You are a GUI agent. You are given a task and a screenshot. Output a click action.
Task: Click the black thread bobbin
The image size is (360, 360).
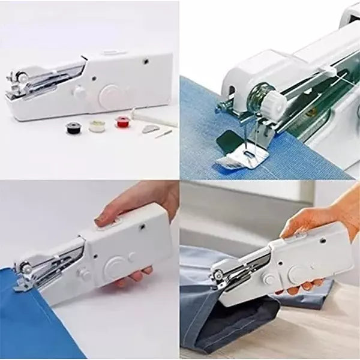[73, 126]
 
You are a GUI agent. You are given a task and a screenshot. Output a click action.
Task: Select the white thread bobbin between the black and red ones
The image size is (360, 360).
[97, 126]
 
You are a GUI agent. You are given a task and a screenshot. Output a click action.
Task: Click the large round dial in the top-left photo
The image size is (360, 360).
[110, 94]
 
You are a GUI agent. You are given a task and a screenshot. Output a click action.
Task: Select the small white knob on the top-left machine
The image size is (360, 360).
[79, 92]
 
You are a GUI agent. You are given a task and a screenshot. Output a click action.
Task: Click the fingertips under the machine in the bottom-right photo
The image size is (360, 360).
[294, 290]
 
